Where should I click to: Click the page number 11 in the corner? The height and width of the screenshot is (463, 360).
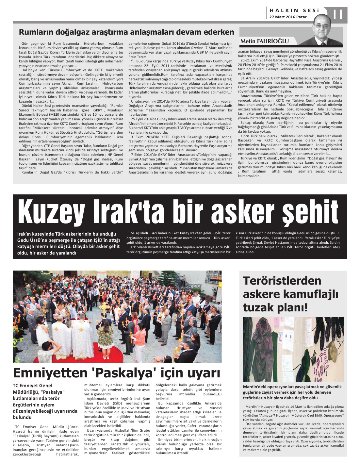tap(338, 14)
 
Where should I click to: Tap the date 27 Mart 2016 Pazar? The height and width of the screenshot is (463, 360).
tap(288, 17)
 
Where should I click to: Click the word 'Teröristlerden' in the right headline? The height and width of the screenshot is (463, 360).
tap(282, 281)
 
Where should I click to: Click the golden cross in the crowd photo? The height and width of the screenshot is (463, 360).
tap(104, 308)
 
